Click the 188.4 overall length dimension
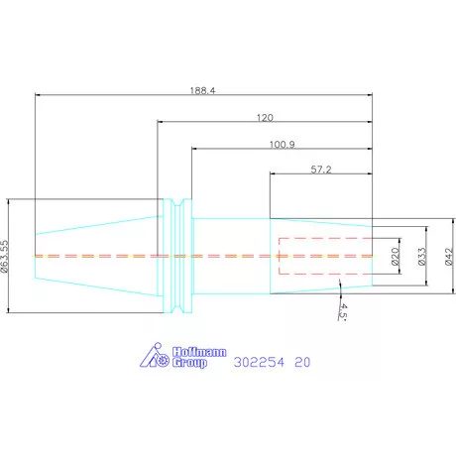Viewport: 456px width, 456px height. pyautogui.click(x=202, y=90)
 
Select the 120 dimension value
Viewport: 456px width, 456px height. pyautogui.click(x=265, y=118)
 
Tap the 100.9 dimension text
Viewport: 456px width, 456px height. pyautogui.click(x=283, y=145)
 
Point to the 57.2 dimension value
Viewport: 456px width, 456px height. pyautogui.click(x=321, y=170)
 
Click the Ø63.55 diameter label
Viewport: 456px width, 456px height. pyautogui.click(x=4, y=257)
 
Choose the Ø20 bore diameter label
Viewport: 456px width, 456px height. pyautogui.click(x=396, y=257)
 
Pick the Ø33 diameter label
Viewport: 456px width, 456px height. pyautogui.click(x=422, y=257)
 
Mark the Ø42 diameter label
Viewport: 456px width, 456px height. pyautogui.click(x=449, y=257)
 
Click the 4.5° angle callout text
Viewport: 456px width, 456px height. pyautogui.click(x=343, y=312)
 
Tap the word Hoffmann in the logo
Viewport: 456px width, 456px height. pyautogui.click(x=199, y=352)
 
